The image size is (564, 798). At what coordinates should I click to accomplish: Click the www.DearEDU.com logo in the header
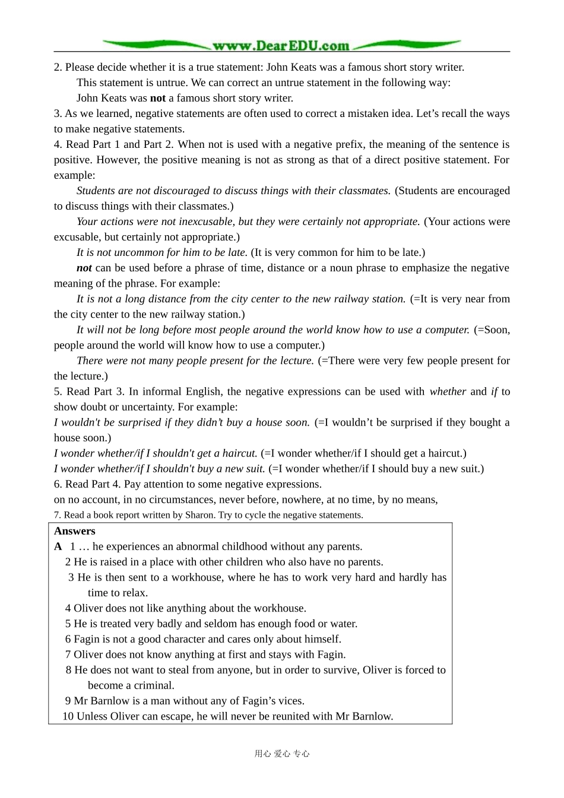(281, 46)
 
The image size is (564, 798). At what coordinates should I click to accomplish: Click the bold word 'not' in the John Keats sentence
(158, 98)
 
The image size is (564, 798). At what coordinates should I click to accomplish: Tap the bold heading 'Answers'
(74, 531)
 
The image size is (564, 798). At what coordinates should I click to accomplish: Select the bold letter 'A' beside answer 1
(58, 546)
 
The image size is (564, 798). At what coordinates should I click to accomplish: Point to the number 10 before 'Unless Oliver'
(68, 716)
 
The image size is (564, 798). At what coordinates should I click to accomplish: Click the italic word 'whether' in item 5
(448, 391)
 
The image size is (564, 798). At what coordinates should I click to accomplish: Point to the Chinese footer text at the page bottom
(282, 754)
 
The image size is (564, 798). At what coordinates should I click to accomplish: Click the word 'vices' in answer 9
(290, 701)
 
